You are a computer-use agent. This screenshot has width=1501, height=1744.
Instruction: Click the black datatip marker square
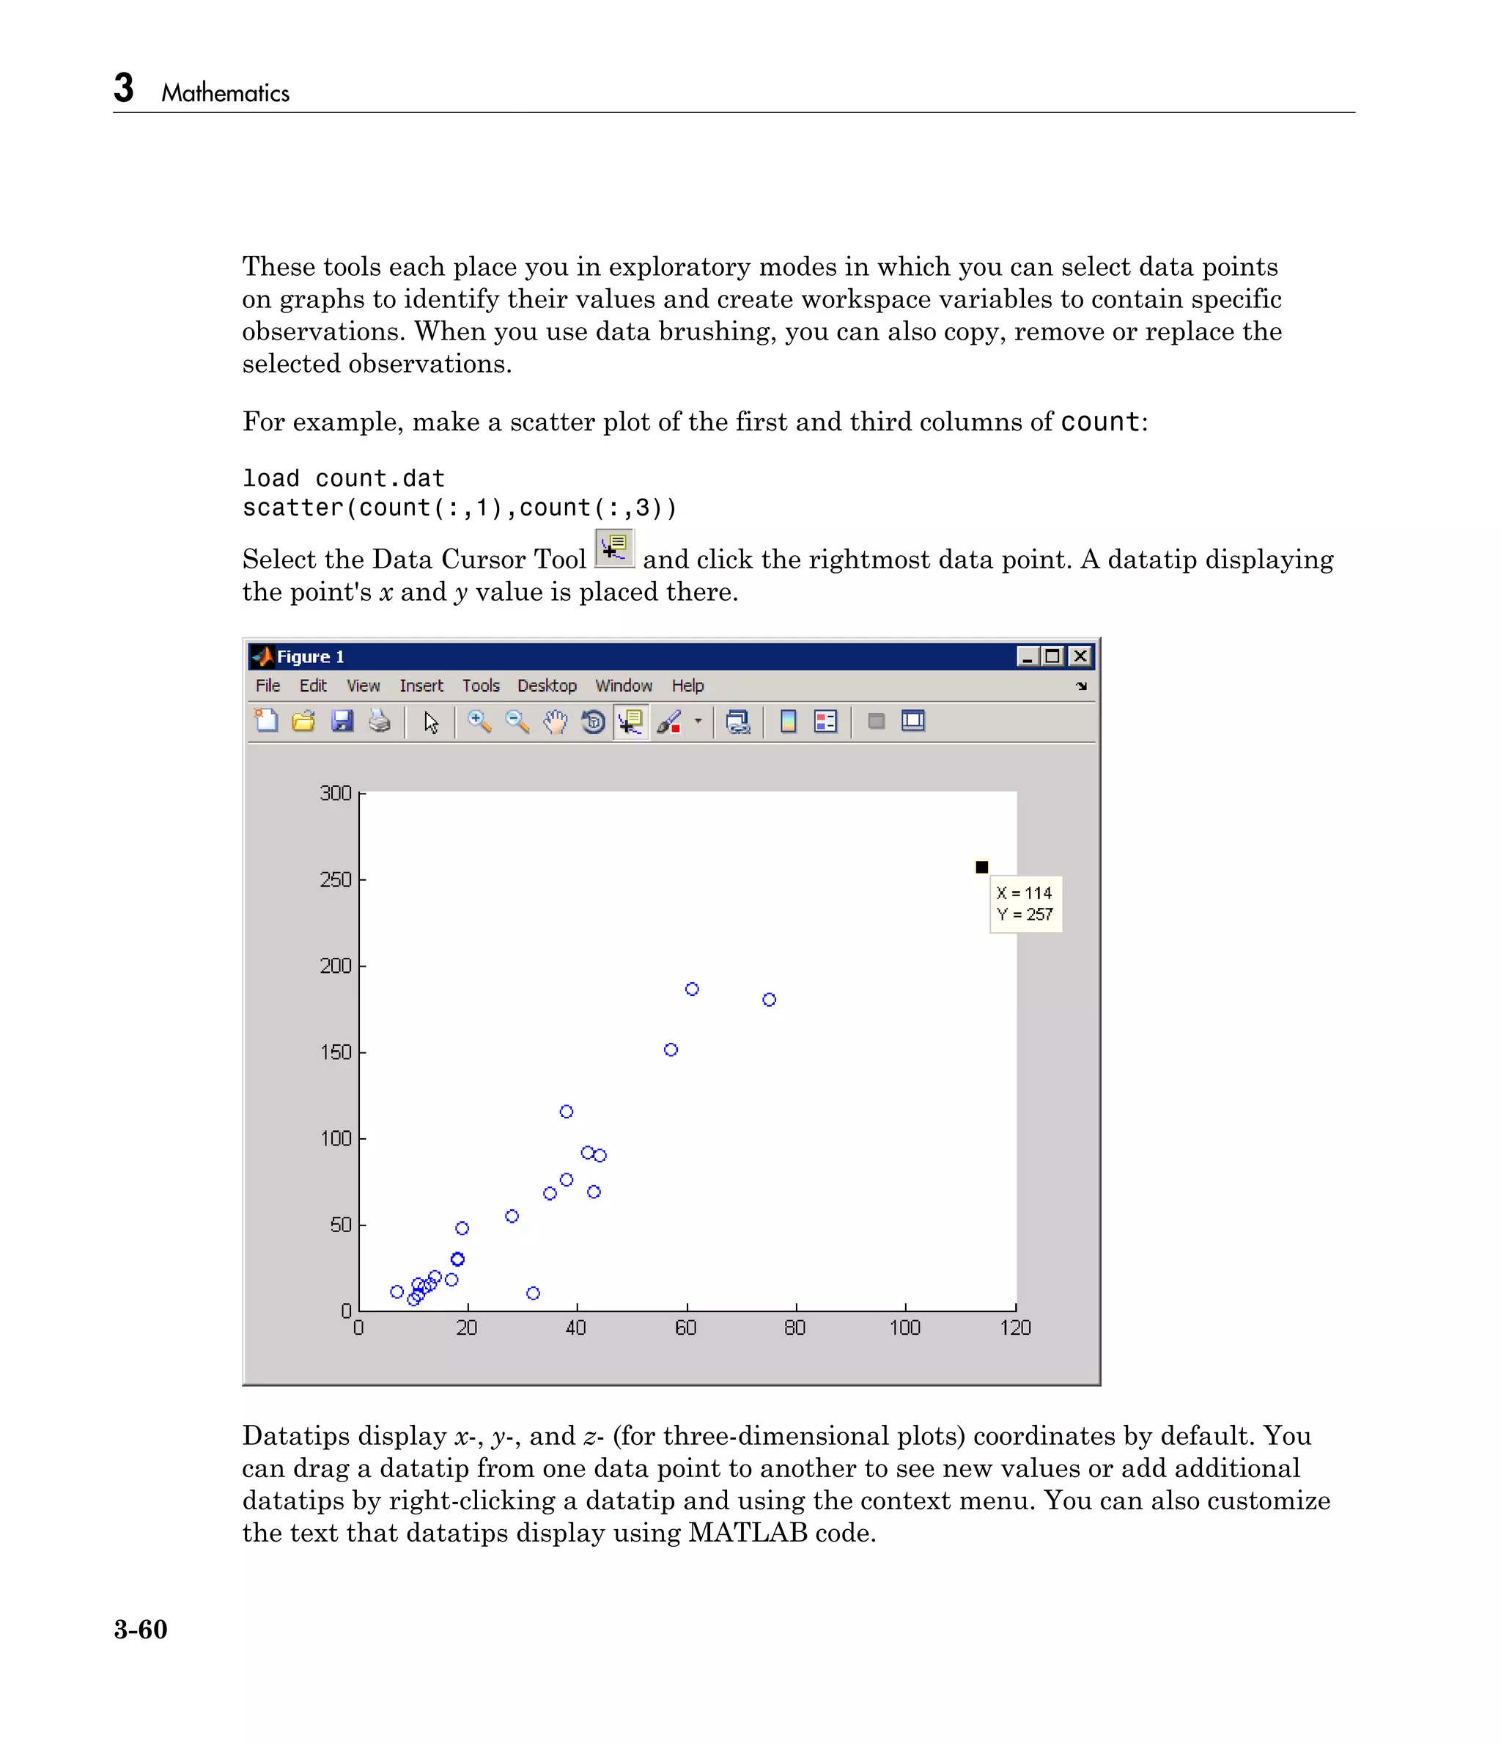(981, 867)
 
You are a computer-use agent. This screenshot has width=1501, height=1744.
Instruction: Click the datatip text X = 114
(1024, 893)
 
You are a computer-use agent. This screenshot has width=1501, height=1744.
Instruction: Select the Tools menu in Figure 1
(480, 686)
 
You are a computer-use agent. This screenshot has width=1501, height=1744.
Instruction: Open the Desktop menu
(547, 686)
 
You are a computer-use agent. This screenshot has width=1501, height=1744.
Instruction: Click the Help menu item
(687, 686)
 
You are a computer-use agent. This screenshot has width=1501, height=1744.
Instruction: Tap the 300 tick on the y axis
(336, 793)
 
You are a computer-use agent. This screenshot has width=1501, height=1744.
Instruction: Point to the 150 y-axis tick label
(336, 1052)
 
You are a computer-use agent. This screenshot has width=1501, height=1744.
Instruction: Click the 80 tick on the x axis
(795, 1328)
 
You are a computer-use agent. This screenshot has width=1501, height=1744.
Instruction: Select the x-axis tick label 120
(1014, 1328)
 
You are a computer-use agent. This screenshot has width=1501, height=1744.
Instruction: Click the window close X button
(1080, 656)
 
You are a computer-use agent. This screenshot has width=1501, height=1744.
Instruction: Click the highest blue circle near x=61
(692, 989)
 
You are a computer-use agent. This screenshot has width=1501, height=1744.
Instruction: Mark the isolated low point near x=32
(533, 1293)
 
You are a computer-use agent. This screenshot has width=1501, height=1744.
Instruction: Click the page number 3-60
(141, 1630)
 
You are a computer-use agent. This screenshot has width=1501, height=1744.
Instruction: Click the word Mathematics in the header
(225, 92)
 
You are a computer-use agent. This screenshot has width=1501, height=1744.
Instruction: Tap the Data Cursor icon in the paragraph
(614, 549)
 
